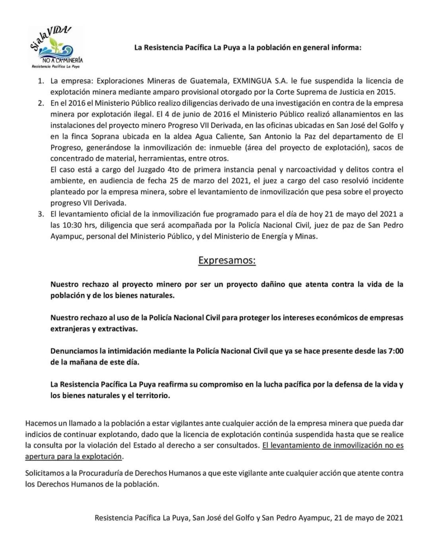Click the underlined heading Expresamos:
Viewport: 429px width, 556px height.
(x=227, y=260)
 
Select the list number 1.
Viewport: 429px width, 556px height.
(x=41, y=81)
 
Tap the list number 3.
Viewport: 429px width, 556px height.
(x=41, y=214)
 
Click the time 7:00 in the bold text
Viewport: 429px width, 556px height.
(x=395, y=351)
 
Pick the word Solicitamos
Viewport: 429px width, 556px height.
(x=45, y=473)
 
